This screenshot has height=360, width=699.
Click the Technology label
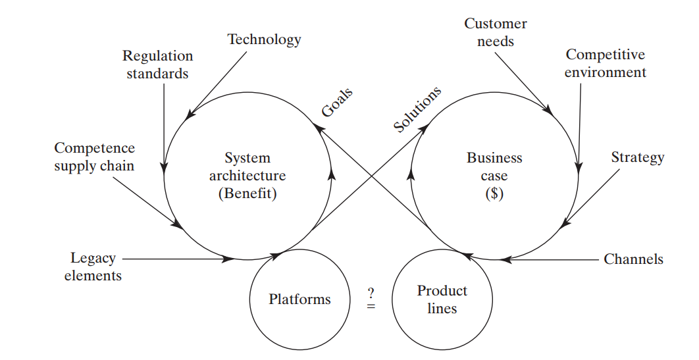coord(264,39)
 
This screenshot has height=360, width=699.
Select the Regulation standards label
coord(158,64)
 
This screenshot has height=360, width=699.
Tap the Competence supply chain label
coord(94,157)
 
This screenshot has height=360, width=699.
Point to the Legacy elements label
coord(93,267)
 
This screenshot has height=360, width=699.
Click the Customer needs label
coord(495,32)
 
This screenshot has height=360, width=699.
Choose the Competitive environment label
coord(605,63)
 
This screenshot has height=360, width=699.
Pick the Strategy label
coord(637,157)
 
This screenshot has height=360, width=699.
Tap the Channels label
coord(633,259)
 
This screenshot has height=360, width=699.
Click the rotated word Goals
coord(337,102)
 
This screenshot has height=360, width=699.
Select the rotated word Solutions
coord(417,109)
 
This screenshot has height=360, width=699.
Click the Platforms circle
coord(299,300)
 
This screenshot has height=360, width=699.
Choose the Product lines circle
coord(442,300)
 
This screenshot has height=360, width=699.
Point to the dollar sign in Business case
coord(494,195)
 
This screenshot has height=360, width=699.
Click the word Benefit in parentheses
coord(247,195)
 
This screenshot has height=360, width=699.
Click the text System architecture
coord(247,167)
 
